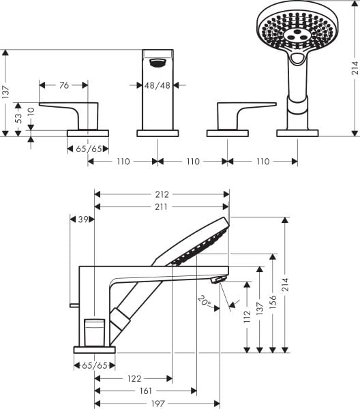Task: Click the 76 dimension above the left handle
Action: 63,85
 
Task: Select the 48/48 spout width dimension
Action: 157,85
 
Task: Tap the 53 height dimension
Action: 19,117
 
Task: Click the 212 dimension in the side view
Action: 161,194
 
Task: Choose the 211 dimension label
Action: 161,207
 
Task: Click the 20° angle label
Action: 204,300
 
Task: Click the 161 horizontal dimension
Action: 145,391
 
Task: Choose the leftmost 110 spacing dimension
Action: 123,162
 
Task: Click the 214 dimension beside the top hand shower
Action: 355,69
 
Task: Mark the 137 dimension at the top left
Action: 6,92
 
